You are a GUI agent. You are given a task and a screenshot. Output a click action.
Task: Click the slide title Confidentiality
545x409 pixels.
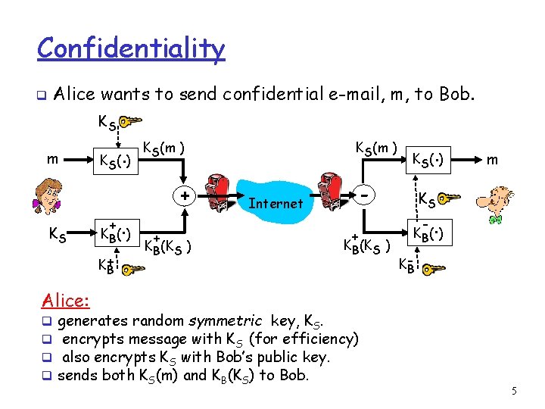[131, 48]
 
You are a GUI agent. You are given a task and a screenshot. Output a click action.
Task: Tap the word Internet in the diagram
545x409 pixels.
[275, 203]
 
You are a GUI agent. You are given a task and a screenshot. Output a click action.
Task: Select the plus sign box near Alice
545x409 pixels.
[184, 195]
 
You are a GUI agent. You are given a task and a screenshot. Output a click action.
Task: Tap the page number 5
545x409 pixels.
[514, 391]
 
